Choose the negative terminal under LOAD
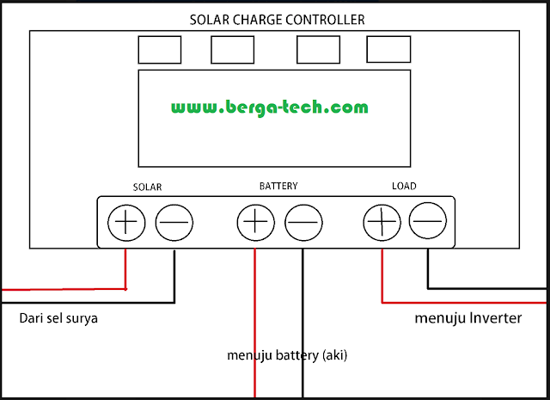click(427, 223)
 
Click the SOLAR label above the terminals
click(148, 187)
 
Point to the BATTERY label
click(278, 186)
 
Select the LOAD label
click(404, 186)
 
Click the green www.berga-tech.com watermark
click(269, 108)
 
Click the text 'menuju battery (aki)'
click(287, 354)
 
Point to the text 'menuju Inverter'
click(467, 318)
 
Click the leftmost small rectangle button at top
click(159, 49)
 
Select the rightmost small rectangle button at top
click(388, 49)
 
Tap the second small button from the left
click(232, 49)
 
